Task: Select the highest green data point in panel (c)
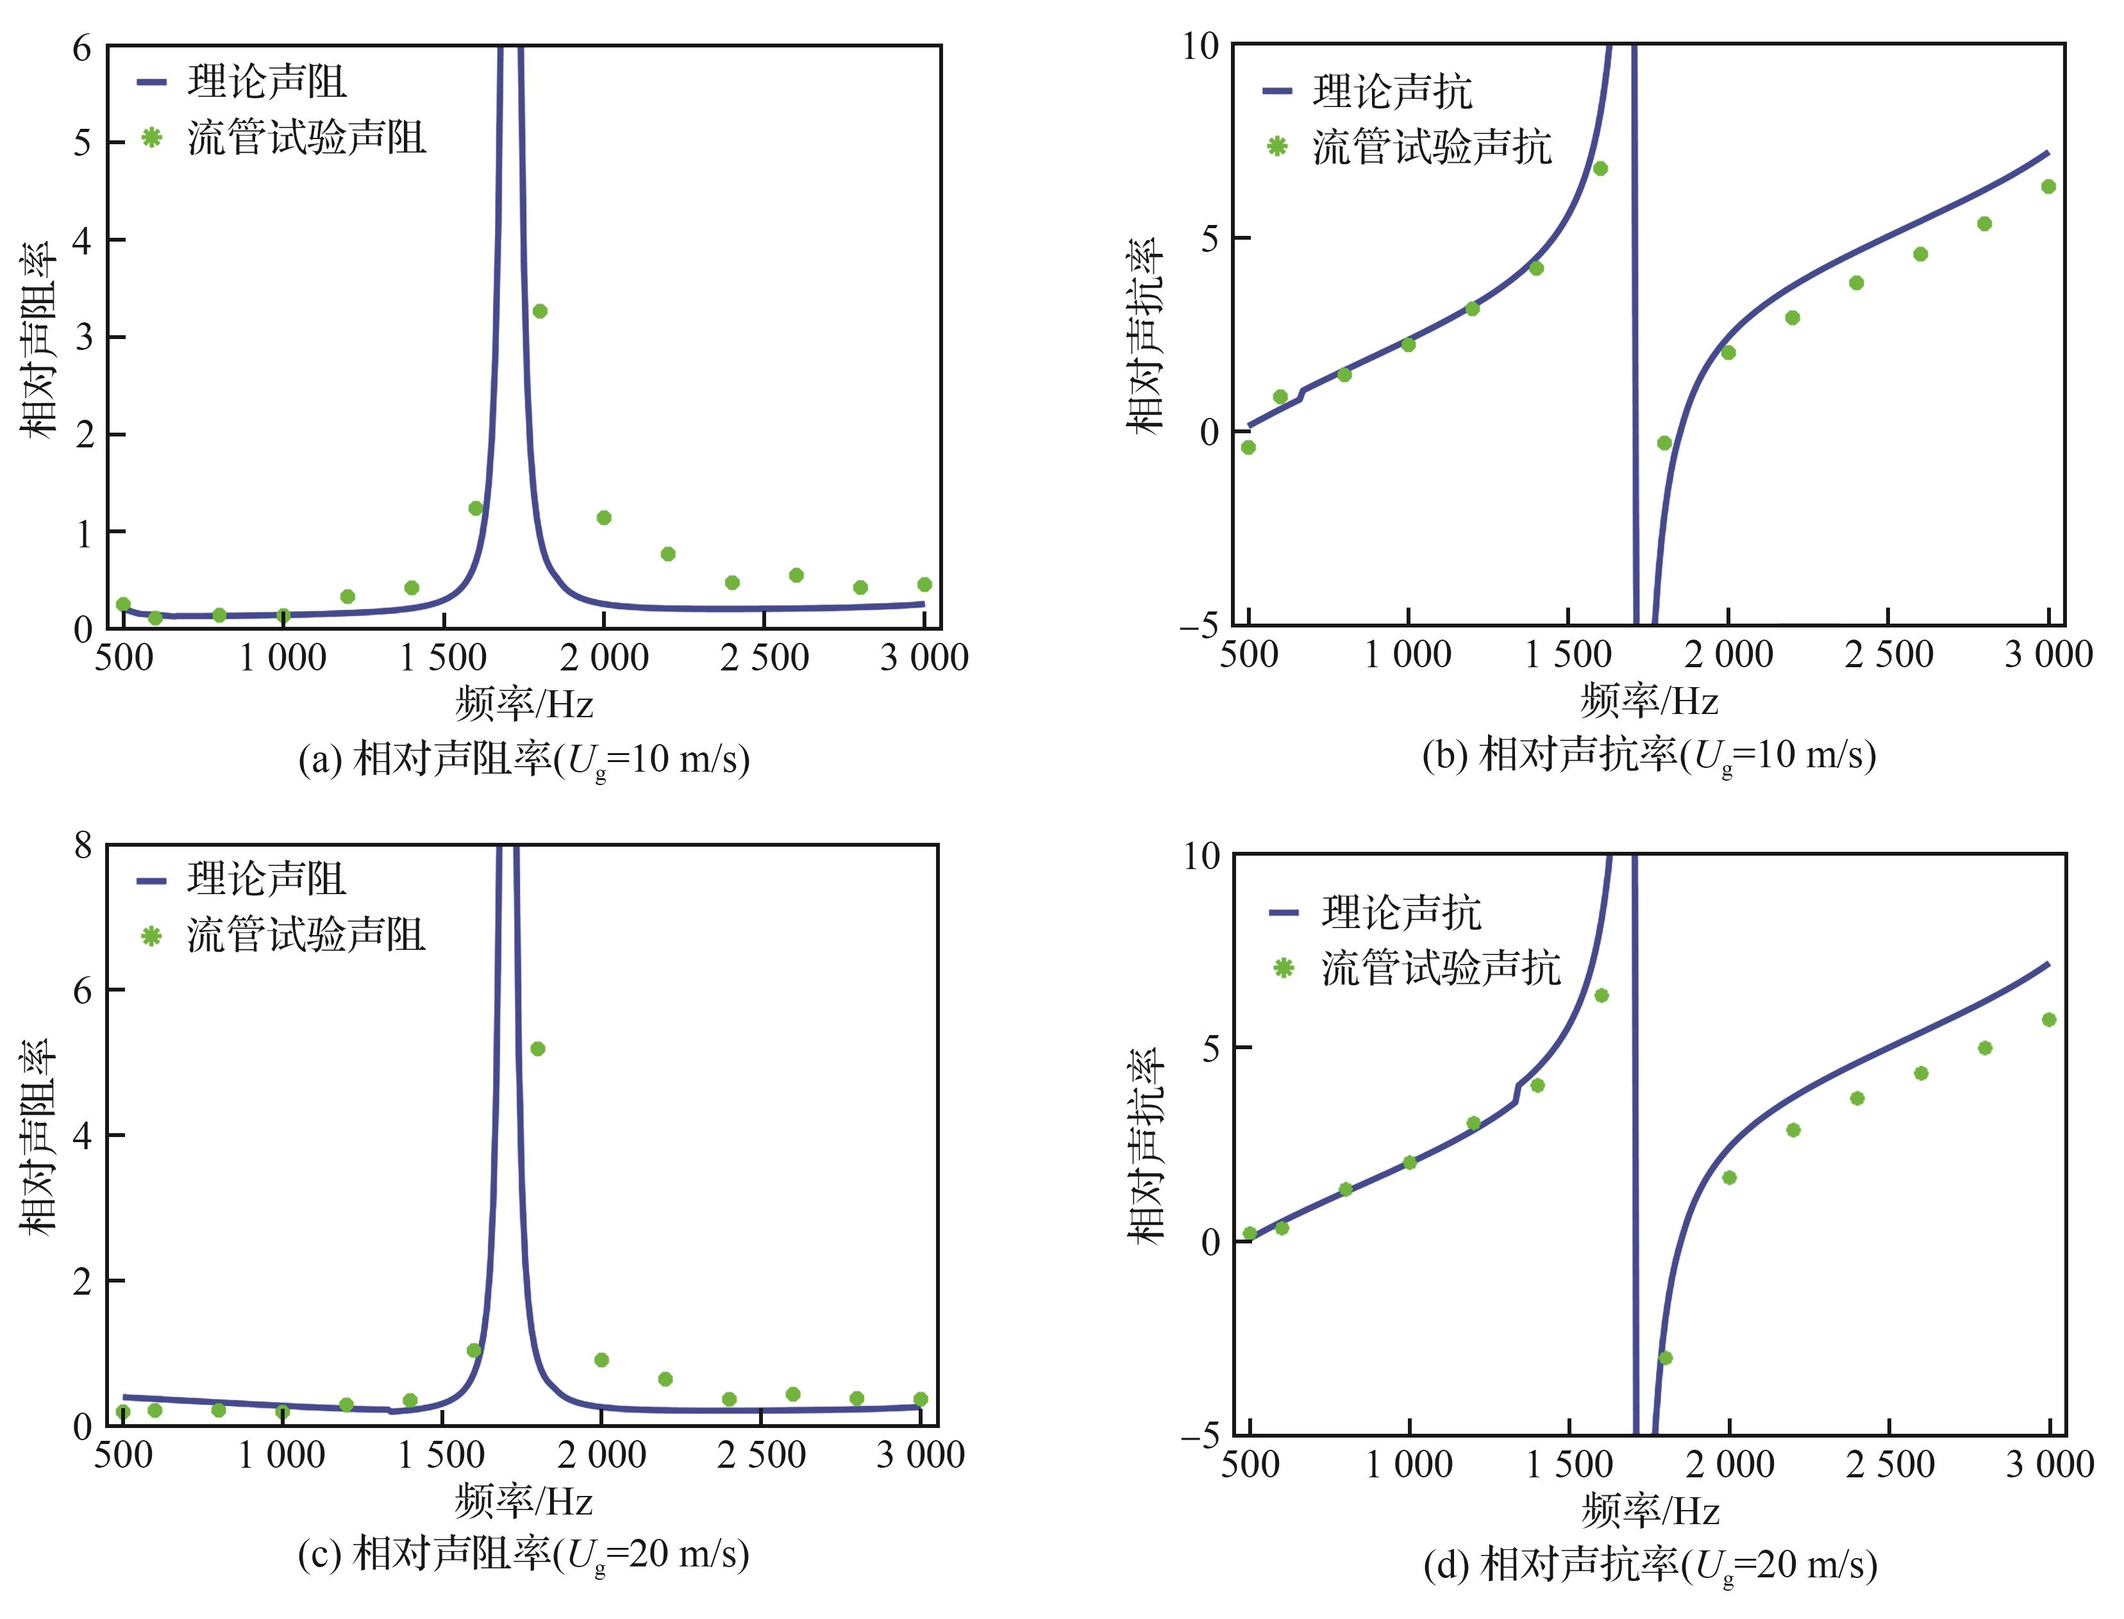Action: [x=538, y=1049]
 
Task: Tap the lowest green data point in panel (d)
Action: [x=1664, y=1358]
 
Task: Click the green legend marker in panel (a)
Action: [x=151, y=137]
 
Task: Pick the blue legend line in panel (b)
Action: [x=1277, y=92]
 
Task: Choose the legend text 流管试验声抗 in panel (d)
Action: [x=1441, y=968]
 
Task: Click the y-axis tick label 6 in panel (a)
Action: [x=82, y=47]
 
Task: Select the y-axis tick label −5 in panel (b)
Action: [x=1199, y=626]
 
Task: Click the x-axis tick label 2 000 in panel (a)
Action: [x=604, y=658]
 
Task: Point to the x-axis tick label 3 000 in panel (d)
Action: [x=2050, y=1465]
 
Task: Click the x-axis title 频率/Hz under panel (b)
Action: [x=1649, y=701]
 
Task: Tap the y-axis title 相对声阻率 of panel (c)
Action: [x=38, y=1137]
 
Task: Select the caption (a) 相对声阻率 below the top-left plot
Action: [x=523, y=760]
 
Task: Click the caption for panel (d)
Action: [x=1650, y=1565]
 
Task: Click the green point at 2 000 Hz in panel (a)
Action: [x=604, y=517]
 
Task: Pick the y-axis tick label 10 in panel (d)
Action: [x=1201, y=856]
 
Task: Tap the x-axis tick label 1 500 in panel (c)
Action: [x=441, y=1455]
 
